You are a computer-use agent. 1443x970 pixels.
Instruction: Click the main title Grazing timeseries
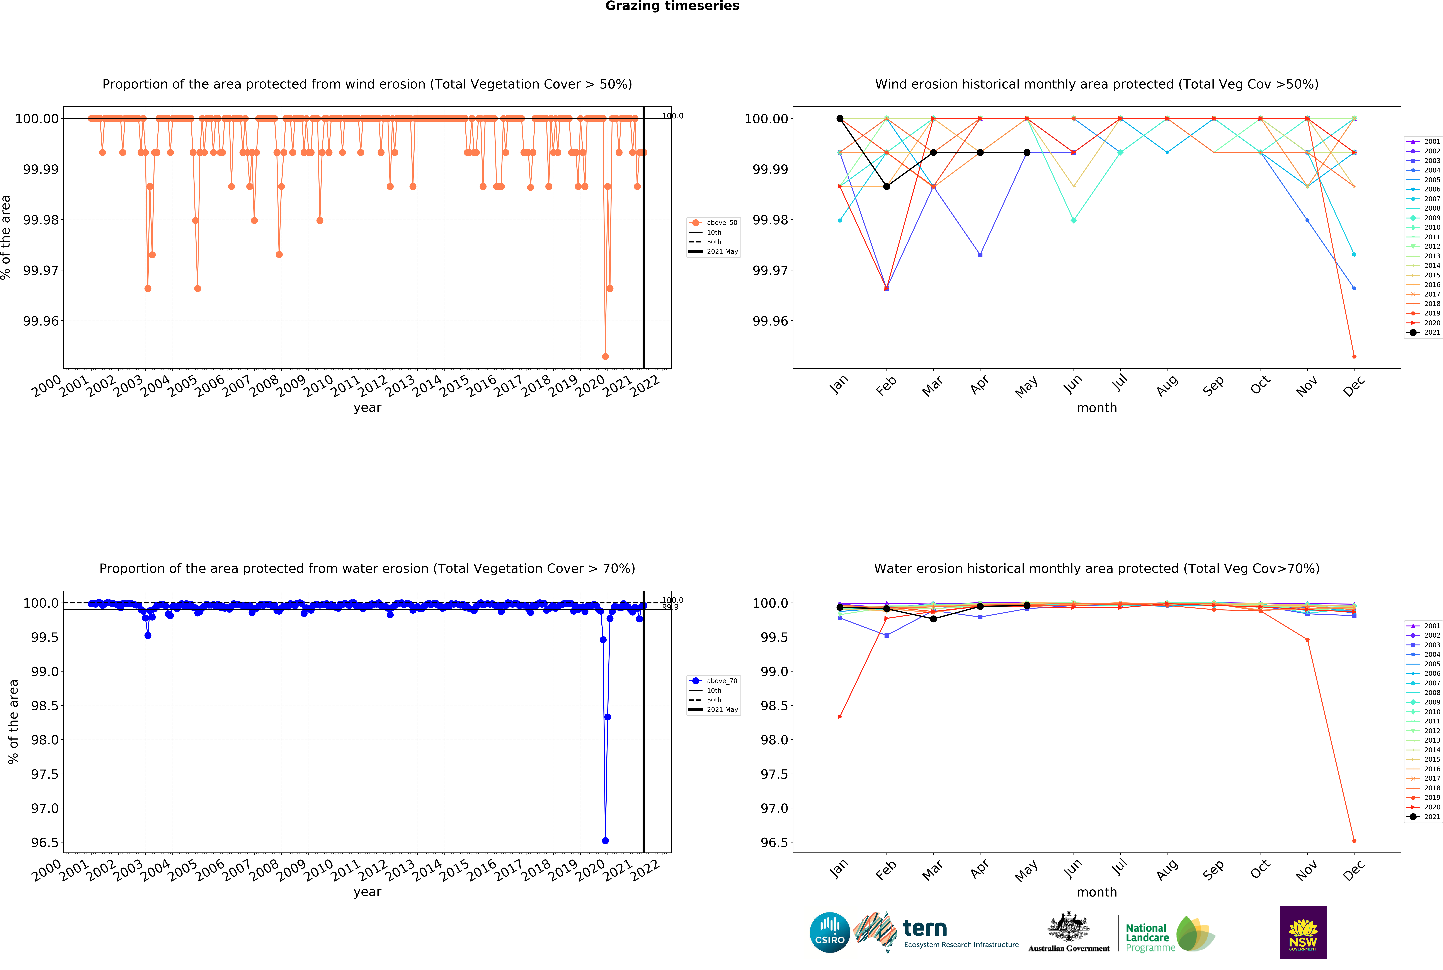[x=672, y=6]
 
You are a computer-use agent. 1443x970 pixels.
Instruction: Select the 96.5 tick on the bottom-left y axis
[x=44, y=843]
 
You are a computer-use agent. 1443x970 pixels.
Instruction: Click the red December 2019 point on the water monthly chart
[x=1354, y=841]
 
